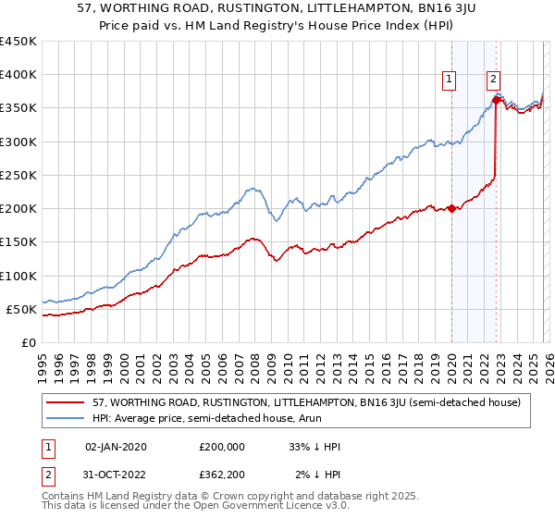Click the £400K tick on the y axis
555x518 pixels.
(18, 75)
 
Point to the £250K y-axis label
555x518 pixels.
(18, 175)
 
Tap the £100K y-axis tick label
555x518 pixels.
(18, 276)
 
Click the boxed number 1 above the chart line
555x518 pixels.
(450, 80)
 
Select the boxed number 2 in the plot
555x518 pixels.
(494, 80)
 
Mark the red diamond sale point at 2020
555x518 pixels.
(451, 208)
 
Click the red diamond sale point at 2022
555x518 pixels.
(497, 100)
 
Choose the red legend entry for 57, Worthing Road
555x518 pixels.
(305, 403)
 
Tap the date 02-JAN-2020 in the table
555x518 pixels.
(115, 447)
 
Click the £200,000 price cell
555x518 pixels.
(222, 447)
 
